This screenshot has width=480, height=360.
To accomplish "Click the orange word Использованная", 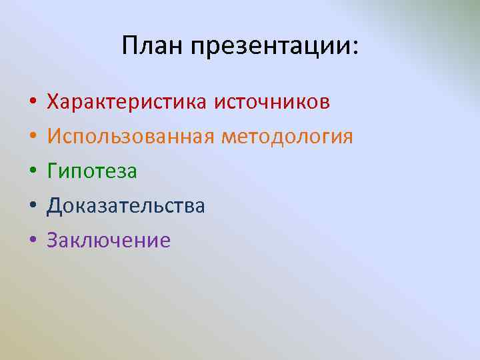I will [x=131, y=137].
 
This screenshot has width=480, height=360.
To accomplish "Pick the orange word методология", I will [x=287, y=137].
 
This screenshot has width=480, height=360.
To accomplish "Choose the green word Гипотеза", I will [x=92, y=171].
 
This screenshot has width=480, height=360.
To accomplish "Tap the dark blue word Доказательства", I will [x=126, y=206].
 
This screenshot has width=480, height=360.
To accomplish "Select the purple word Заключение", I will [x=109, y=240].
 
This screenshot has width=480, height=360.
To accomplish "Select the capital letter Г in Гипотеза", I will [x=53, y=171].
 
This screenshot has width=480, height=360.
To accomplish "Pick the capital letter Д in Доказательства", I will [x=54, y=206].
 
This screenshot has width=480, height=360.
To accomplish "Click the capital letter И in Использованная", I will [x=54, y=137].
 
